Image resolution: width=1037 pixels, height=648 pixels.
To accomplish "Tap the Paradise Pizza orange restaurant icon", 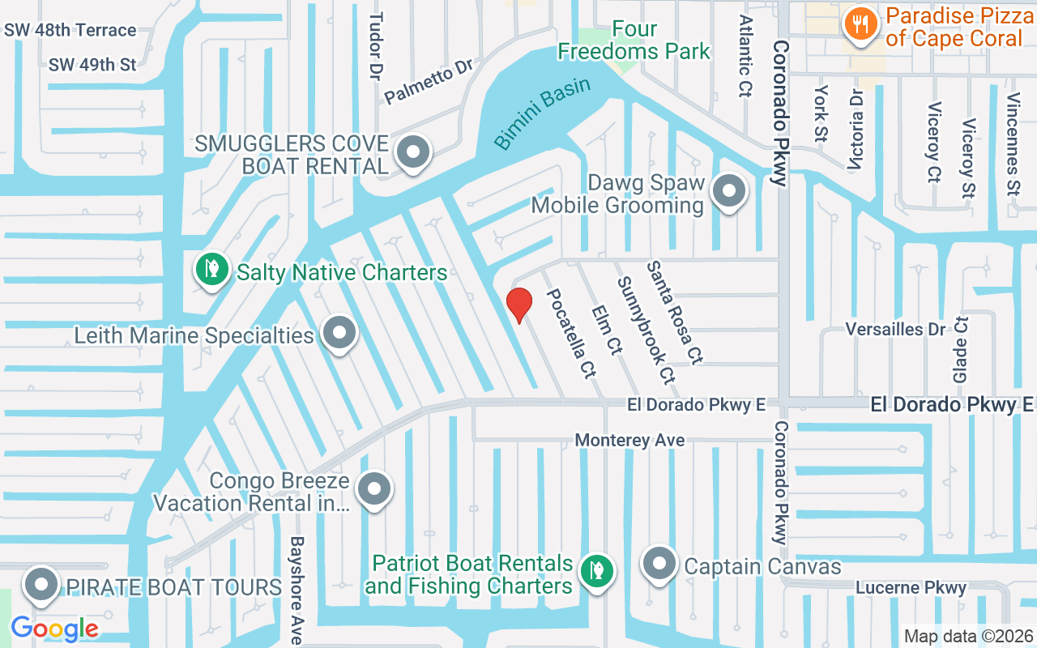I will (x=857, y=24).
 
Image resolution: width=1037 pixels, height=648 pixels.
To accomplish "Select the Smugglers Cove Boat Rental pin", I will (x=413, y=151).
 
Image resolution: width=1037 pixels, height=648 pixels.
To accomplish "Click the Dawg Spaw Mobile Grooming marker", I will (x=728, y=192).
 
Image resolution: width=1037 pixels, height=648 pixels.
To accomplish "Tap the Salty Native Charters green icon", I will (x=212, y=269).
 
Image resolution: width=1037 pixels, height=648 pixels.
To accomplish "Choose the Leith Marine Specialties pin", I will (x=339, y=332).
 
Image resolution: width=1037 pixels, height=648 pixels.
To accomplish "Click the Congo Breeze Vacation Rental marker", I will (x=374, y=488).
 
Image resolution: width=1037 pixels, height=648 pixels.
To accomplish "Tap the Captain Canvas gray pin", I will (x=659, y=564).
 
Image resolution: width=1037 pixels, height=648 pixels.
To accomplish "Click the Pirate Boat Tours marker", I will (x=41, y=585).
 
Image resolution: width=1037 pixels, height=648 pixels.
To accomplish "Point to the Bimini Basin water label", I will (x=543, y=113).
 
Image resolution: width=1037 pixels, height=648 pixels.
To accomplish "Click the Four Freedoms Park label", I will (x=634, y=40).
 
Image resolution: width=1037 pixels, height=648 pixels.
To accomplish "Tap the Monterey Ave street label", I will (x=629, y=440).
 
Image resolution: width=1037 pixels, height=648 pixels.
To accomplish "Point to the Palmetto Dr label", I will (x=428, y=80).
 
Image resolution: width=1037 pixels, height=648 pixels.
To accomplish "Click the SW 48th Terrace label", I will (x=70, y=30).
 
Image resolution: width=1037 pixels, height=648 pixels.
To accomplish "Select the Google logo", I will (x=54, y=628).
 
